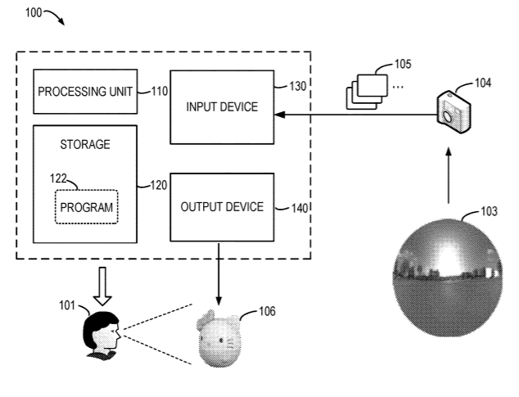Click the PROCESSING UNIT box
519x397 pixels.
point(85,92)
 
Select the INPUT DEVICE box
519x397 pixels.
point(222,107)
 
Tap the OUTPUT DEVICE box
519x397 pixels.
point(222,207)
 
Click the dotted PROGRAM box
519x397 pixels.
point(87,207)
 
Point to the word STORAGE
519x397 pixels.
point(85,144)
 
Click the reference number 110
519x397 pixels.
point(160,91)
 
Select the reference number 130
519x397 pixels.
point(298,86)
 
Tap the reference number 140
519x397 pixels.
point(300,208)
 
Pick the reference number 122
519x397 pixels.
point(58,178)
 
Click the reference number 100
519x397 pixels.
point(34,12)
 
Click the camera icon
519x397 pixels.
point(454,112)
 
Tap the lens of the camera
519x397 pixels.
point(447,117)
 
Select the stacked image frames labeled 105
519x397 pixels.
point(367,92)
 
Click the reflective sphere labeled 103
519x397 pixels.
point(448,277)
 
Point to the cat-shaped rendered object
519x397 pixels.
point(219,338)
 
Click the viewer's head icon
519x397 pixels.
point(102,335)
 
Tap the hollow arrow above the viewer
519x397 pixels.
point(102,286)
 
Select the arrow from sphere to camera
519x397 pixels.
point(449,175)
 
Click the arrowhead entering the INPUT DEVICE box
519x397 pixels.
point(280,115)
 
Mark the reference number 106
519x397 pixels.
point(267,311)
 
